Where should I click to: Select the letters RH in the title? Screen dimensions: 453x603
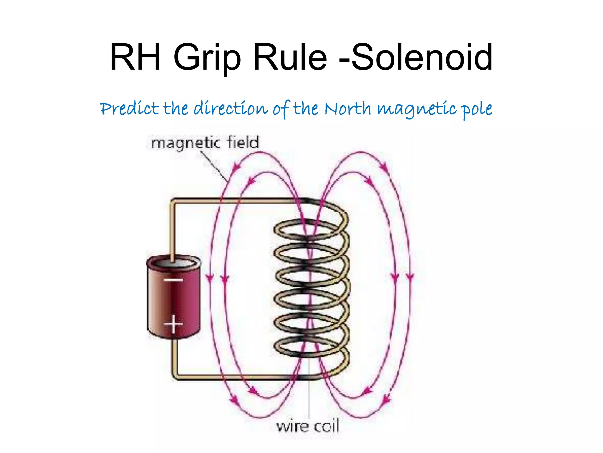(135, 58)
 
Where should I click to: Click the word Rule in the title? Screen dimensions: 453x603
(290, 58)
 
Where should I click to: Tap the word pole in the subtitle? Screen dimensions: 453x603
(477, 109)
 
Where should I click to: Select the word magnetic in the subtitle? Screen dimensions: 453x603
(417, 109)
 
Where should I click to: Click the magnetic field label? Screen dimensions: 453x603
(205, 143)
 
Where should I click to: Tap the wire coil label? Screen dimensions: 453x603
(308, 426)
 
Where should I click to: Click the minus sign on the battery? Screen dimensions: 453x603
(173, 280)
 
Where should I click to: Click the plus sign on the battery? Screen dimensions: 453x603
(173, 324)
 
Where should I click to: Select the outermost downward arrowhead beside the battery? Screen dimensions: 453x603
(210, 278)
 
